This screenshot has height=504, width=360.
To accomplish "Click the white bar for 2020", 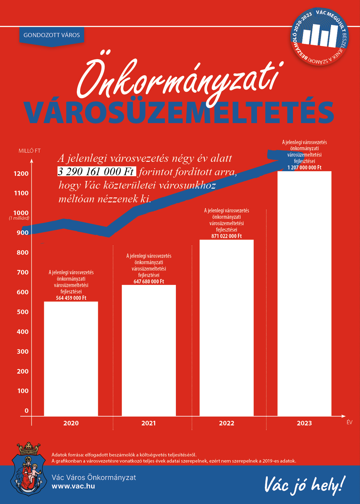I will tap(71, 359).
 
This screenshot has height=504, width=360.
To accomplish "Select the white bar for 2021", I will tap(149, 350).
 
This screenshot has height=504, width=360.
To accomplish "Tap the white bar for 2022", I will tap(226, 328).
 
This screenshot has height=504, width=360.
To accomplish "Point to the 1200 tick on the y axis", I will tap(21, 174).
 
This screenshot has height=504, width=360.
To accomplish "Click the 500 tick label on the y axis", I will tap(23, 312).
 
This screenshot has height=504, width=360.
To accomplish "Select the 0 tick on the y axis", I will tap(27, 411).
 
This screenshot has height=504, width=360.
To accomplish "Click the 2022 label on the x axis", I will tap(226, 423).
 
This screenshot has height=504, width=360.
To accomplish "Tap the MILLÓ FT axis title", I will tap(30, 151).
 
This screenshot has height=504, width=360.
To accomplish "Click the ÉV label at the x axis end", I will tap(349, 422).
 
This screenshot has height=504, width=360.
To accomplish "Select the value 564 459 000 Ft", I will tap(71, 298).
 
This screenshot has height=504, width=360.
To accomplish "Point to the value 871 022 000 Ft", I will tap(226, 236).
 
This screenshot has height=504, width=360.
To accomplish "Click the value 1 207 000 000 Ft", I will tap(304, 168).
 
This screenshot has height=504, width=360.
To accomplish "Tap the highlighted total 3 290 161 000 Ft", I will tap(96, 172).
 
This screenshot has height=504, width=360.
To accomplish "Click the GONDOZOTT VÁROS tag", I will tap(52, 35).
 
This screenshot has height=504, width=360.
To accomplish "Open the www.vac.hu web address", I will tap(73, 486).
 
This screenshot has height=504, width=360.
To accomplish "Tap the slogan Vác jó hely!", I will tap(304, 485).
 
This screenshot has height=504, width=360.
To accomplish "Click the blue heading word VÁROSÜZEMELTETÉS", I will tap(179, 112).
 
